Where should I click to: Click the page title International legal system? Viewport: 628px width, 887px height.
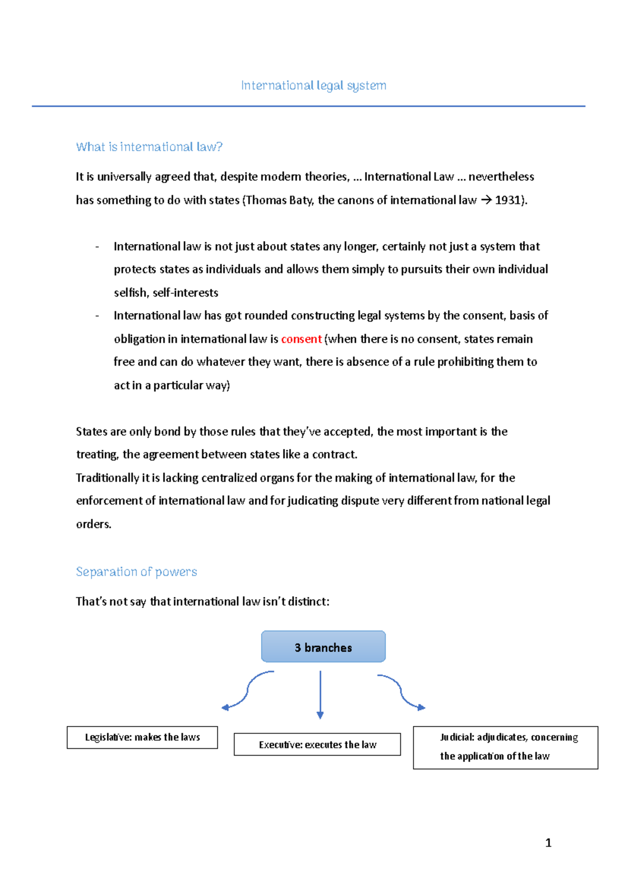pyautogui.click(x=313, y=85)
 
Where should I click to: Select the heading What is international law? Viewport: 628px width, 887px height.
pyautogui.click(x=149, y=147)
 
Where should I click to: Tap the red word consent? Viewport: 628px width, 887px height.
pyautogui.click(x=301, y=339)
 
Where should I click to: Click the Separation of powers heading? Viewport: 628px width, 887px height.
pyautogui.click(x=137, y=572)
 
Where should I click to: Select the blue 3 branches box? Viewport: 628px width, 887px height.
pyautogui.click(x=323, y=647)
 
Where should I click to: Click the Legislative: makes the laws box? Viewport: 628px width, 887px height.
pyautogui.click(x=142, y=737)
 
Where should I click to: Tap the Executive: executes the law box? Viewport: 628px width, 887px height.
pyautogui.click(x=317, y=744)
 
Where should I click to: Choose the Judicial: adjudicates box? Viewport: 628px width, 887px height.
pyautogui.click(x=505, y=747)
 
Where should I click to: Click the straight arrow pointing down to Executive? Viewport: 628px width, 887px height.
pyautogui.click(x=320, y=695)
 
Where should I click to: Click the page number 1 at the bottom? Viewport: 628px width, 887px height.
pyautogui.click(x=548, y=843)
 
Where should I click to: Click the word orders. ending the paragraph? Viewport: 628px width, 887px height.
pyautogui.click(x=94, y=524)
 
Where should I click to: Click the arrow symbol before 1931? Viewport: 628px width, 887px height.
pyautogui.click(x=486, y=200)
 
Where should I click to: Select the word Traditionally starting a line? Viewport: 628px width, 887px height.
pyautogui.click(x=107, y=478)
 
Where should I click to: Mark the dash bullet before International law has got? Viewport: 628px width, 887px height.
pyautogui.click(x=97, y=316)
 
